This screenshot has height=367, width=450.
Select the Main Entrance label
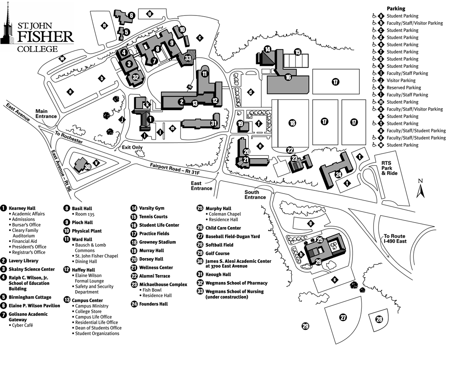46,114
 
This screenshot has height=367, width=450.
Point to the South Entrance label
255,194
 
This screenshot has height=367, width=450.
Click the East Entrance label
202,186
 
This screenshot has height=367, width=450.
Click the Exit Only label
133,147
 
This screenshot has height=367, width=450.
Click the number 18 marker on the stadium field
292,123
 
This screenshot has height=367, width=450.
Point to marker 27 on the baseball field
343,317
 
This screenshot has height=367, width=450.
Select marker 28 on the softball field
379,319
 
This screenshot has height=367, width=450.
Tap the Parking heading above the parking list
396,9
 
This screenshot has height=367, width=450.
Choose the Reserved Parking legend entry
404,87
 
